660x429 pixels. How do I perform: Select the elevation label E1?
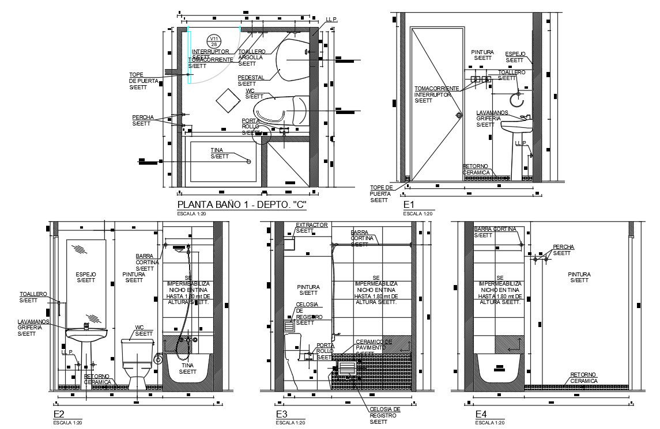tap(409, 204)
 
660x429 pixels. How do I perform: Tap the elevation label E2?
tap(58, 414)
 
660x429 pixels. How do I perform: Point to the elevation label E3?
tap(281, 414)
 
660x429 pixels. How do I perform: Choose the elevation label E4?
tap(481, 414)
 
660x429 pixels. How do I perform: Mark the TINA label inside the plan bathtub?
tap(218, 153)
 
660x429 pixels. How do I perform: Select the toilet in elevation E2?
tap(137, 362)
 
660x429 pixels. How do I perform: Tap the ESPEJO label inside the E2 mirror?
tap(86, 277)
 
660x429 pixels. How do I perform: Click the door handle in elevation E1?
tap(459, 115)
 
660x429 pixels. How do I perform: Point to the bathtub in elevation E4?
tap(499, 369)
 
